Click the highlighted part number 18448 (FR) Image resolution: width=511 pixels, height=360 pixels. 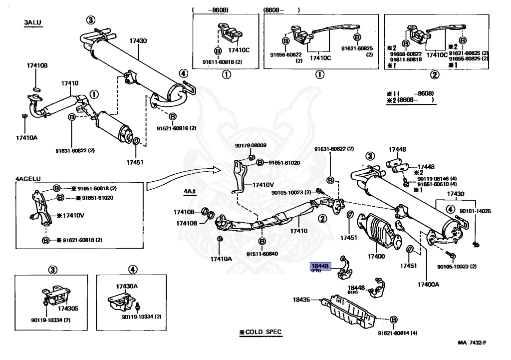coord(319,267)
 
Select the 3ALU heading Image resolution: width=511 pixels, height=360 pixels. coord(32,23)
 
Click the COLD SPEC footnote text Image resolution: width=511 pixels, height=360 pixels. coord(260,332)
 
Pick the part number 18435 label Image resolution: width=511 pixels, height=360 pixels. coord(301,300)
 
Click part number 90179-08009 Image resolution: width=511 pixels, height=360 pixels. coord(251,146)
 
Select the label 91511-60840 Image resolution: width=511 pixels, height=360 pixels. coord(261,254)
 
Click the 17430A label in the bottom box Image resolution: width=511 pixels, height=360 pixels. coord(127,286)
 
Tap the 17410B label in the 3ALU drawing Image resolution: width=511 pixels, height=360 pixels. coord(37,65)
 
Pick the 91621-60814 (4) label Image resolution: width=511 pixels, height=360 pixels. coord(397,333)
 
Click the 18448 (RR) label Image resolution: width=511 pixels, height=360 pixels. coord(356,289)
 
